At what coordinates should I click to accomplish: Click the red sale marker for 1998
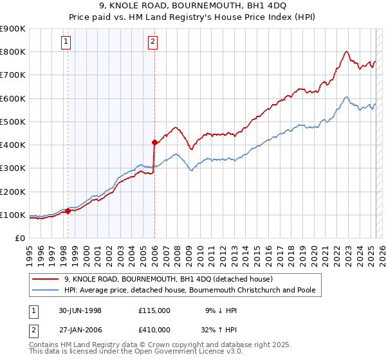point(68,211)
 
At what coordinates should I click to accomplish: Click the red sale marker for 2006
point(154,142)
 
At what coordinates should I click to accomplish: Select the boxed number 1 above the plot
point(67,42)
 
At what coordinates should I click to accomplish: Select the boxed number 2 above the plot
point(152,42)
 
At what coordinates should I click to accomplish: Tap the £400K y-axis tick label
point(13,145)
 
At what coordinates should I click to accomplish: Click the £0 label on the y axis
point(19,238)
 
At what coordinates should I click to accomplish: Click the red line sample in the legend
point(45,279)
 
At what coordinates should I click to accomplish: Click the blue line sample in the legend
point(45,290)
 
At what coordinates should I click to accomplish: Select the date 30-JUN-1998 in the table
point(80,310)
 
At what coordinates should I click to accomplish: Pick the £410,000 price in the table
point(154,329)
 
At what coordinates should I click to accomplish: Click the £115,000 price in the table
point(154,310)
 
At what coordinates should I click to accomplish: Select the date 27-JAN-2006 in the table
point(80,329)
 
